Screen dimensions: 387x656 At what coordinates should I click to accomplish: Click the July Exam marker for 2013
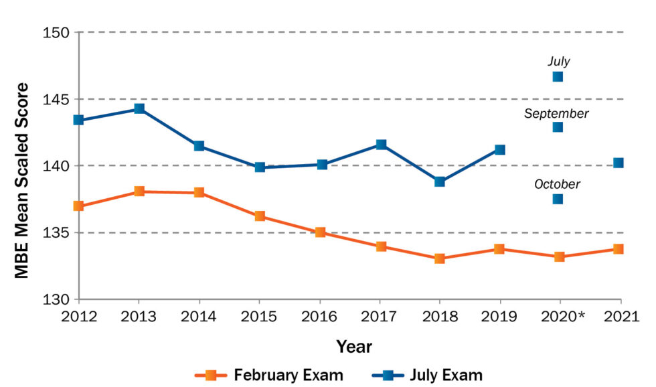click(x=139, y=108)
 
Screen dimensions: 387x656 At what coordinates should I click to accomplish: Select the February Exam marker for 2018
click(x=439, y=258)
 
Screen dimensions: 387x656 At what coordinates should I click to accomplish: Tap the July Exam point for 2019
click(x=499, y=149)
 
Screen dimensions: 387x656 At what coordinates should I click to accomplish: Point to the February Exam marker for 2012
click(x=78, y=206)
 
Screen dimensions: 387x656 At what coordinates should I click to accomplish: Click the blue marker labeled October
click(x=558, y=199)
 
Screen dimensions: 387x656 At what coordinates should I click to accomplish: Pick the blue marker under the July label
click(x=558, y=76)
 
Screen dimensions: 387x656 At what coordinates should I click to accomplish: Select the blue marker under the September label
click(x=558, y=127)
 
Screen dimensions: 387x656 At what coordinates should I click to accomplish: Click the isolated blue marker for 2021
click(x=619, y=163)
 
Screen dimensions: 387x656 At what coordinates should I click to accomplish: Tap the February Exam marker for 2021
click(x=619, y=249)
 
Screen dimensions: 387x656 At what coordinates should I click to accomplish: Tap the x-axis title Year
click(x=354, y=346)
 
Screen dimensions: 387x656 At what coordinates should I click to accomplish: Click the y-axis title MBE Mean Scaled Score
click(x=22, y=181)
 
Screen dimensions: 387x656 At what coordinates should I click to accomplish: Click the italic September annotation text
click(x=556, y=114)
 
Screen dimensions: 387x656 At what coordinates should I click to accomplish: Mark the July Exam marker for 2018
click(x=439, y=181)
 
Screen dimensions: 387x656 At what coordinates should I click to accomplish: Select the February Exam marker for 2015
click(x=260, y=216)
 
